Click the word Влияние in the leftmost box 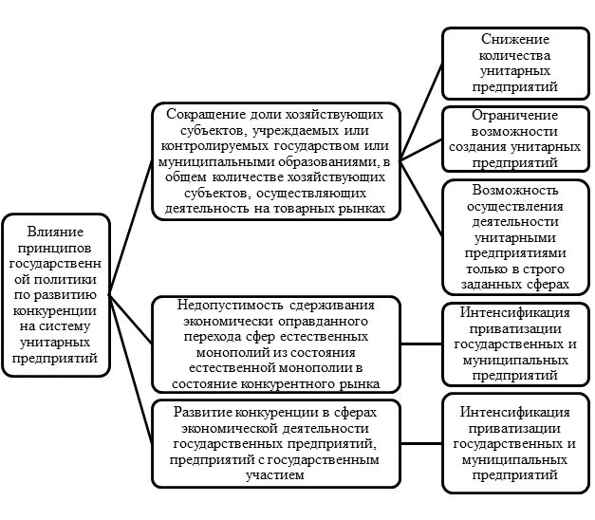coord(54,232)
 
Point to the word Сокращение coord(202,113)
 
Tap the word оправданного coord(292,321)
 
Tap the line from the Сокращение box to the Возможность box coord(419,196)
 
